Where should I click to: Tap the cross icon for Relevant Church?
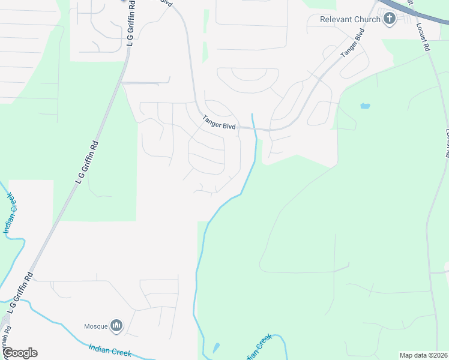click(x=389, y=19)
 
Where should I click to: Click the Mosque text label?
click(x=95, y=326)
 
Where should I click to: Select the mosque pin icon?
click(x=116, y=326)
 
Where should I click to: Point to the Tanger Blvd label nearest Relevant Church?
click(x=352, y=43)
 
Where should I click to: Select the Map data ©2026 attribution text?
click(x=423, y=355)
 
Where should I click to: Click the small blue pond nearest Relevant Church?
click(x=365, y=106)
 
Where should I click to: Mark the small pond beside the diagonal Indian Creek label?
click(x=216, y=347)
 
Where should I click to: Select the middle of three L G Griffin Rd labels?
click(x=87, y=162)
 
